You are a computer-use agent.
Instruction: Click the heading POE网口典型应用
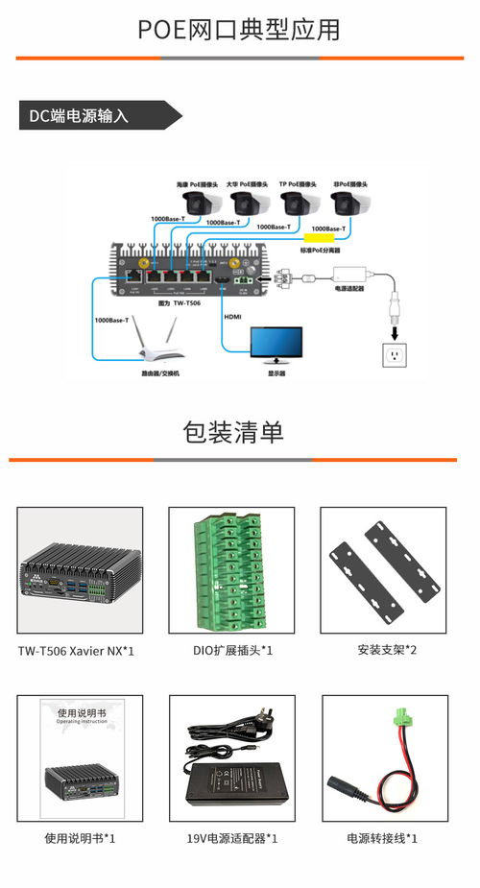click(x=239, y=30)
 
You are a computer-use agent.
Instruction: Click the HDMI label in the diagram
click(x=232, y=316)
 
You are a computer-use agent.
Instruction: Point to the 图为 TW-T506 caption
click(x=169, y=301)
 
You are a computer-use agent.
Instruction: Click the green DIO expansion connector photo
click(x=231, y=567)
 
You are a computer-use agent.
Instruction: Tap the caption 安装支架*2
click(x=383, y=650)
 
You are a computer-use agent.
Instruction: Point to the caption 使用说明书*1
click(x=80, y=838)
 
